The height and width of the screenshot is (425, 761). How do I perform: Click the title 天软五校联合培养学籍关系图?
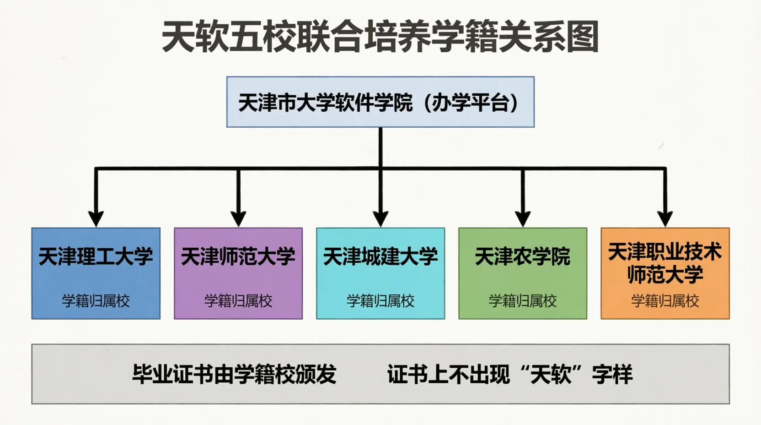tap(380, 37)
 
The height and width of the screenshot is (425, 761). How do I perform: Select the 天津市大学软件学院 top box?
tap(380, 102)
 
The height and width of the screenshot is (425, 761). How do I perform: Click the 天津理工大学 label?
tap(96, 256)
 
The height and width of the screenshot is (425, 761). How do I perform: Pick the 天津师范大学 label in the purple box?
tap(238, 256)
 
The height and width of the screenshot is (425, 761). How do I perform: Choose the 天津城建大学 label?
tap(380, 256)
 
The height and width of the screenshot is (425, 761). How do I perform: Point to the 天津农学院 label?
tap(523, 256)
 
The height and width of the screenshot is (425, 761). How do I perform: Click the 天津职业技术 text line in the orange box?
tap(665, 252)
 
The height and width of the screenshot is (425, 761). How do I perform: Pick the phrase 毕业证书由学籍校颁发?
tap(235, 374)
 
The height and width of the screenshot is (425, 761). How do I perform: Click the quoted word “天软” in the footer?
tap(550, 374)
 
